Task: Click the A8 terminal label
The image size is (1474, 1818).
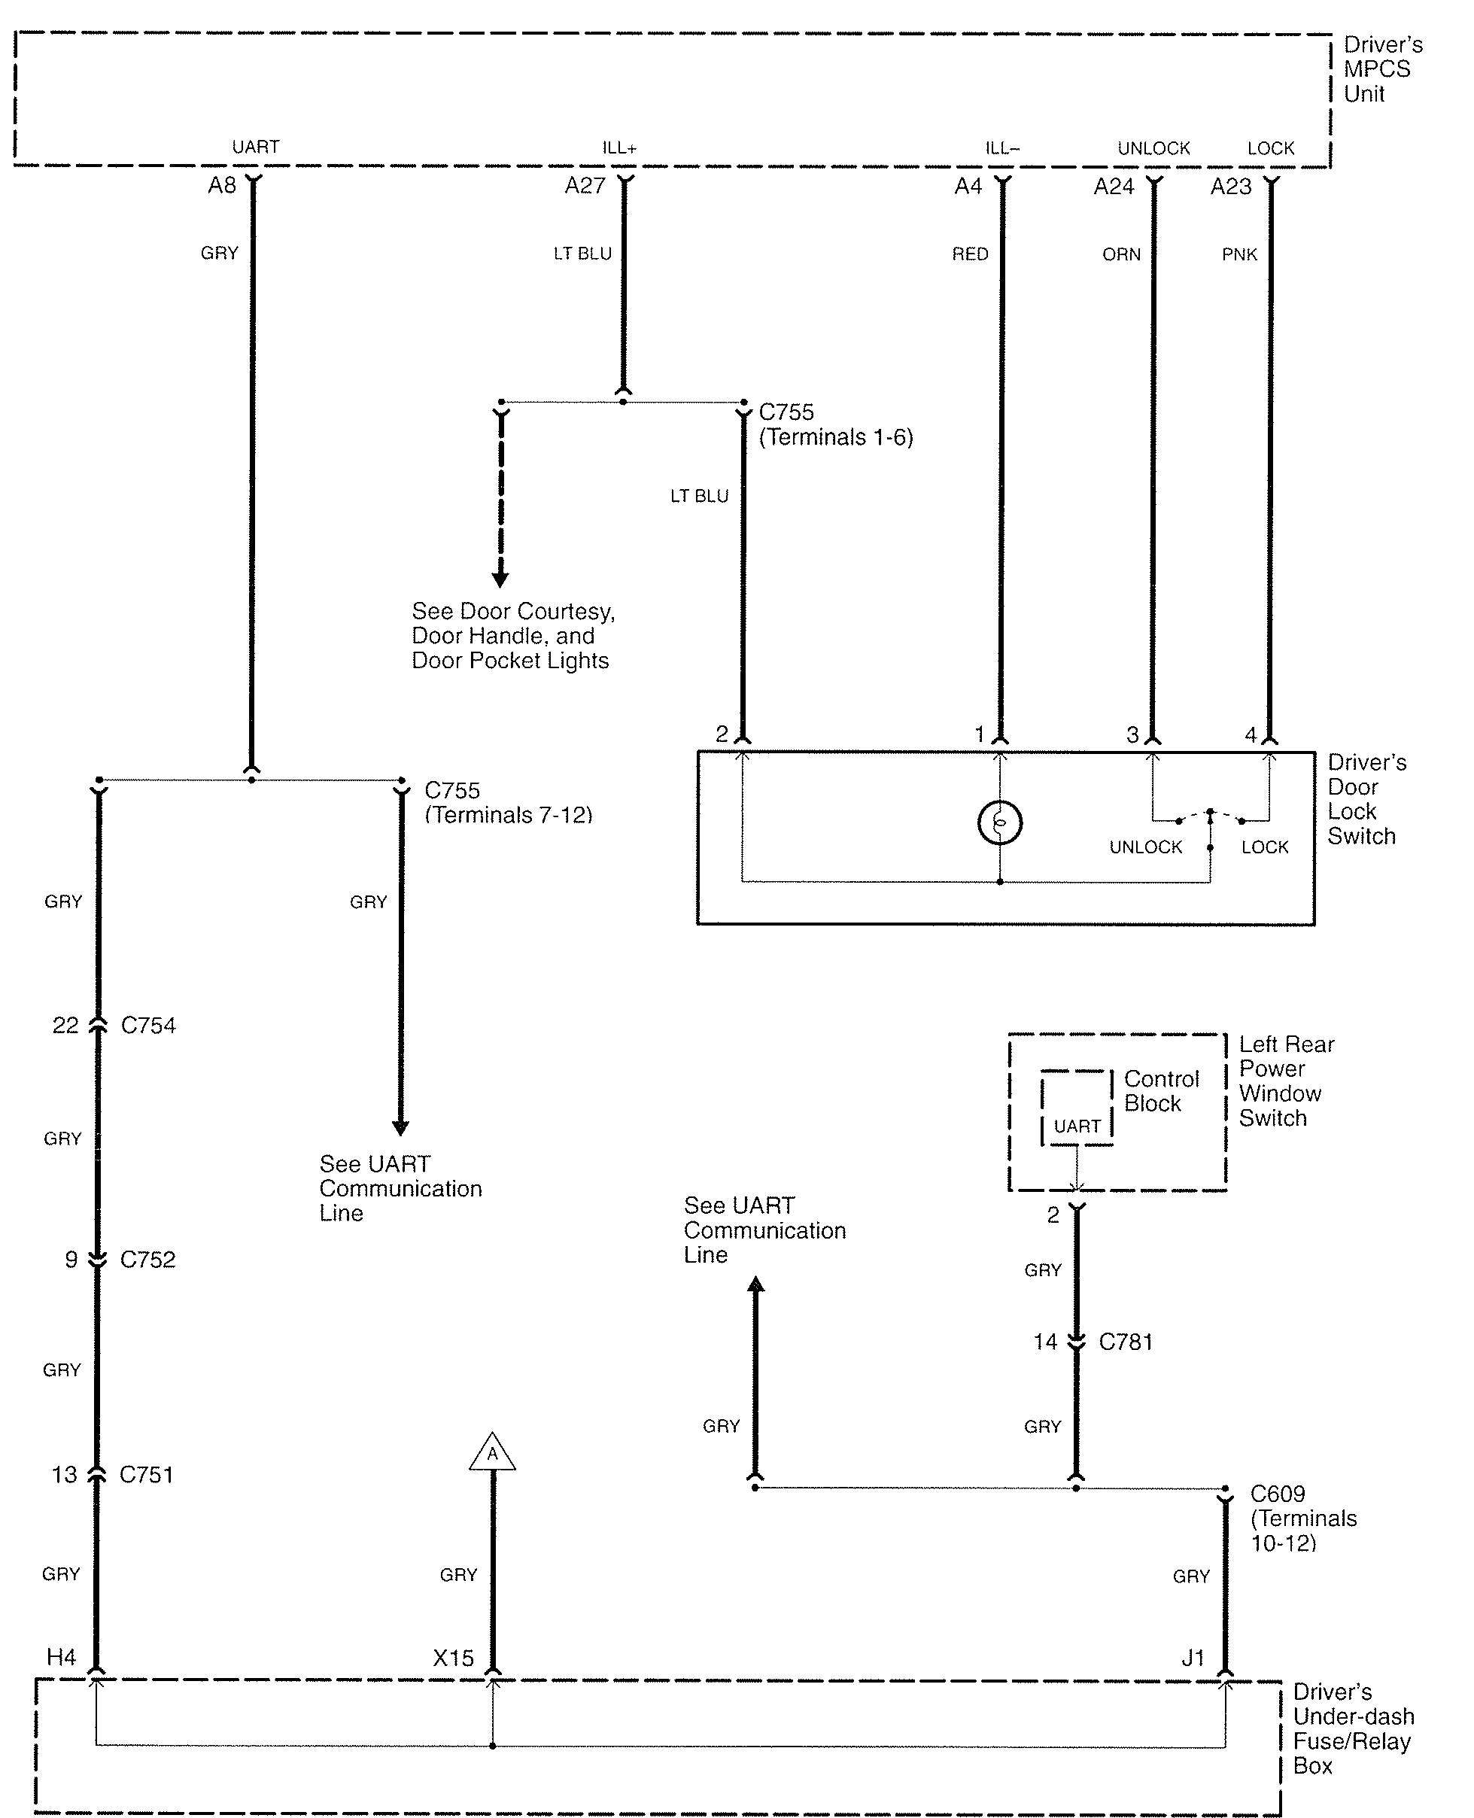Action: tap(222, 185)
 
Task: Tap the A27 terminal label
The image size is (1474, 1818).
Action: tap(585, 185)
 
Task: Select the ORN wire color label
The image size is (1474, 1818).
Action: tap(1121, 255)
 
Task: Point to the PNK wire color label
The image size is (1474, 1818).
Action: tap(1238, 255)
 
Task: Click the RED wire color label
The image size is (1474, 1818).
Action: tap(970, 255)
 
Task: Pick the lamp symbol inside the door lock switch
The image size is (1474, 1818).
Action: tap(999, 822)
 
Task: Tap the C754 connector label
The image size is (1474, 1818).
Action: tap(148, 1026)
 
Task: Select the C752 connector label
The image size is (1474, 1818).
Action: tap(147, 1259)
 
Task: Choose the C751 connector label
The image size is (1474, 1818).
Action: tap(146, 1475)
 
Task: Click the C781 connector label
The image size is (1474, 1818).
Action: tap(1126, 1342)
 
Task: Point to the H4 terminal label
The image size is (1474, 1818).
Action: tap(61, 1658)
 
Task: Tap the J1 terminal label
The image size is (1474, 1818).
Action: tap(1193, 1658)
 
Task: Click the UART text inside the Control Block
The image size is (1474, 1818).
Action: tap(1077, 1126)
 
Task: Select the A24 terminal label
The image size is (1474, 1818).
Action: tap(1113, 187)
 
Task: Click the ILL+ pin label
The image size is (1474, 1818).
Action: tap(619, 148)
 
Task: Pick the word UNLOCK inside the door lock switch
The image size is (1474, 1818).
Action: tap(1145, 847)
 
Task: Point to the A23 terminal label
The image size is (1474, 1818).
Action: tap(1230, 187)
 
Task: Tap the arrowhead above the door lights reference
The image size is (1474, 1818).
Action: tap(500, 580)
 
